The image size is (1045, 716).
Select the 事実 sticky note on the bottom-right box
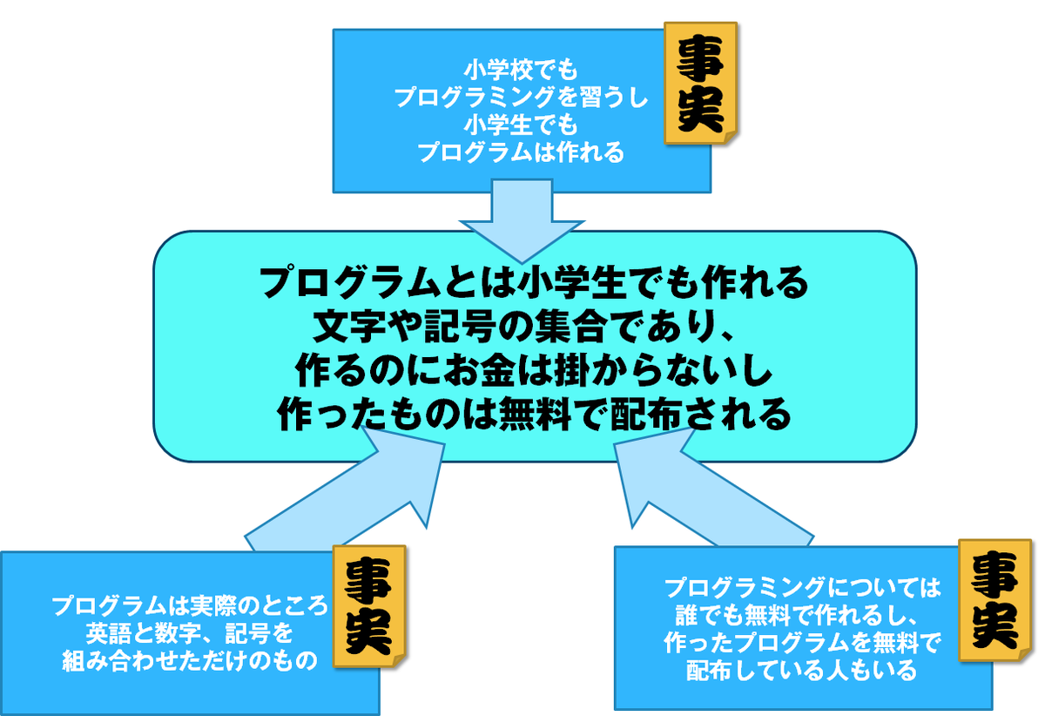click(995, 600)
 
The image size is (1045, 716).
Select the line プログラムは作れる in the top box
click(522, 153)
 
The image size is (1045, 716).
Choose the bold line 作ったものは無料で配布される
click(533, 413)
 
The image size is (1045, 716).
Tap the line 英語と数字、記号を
click(190, 632)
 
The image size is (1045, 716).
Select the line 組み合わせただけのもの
click(190, 660)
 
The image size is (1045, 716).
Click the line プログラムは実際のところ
click(190, 604)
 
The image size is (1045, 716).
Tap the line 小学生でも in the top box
click(522, 125)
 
